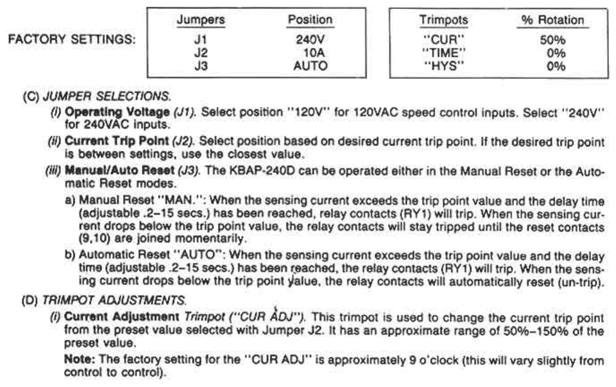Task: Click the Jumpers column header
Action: [x=200, y=20]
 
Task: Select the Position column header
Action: [x=310, y=20]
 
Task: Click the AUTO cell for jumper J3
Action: [x=310, y=66]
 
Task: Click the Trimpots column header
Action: [x=444, y=20]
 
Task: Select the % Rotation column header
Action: [x=552, y=20]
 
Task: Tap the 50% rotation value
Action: [x=552, y=40]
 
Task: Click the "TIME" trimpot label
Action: [x=444, y=53]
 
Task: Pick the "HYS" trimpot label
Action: [x=444, y=66]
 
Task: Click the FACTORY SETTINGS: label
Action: [x=72, y=39]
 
